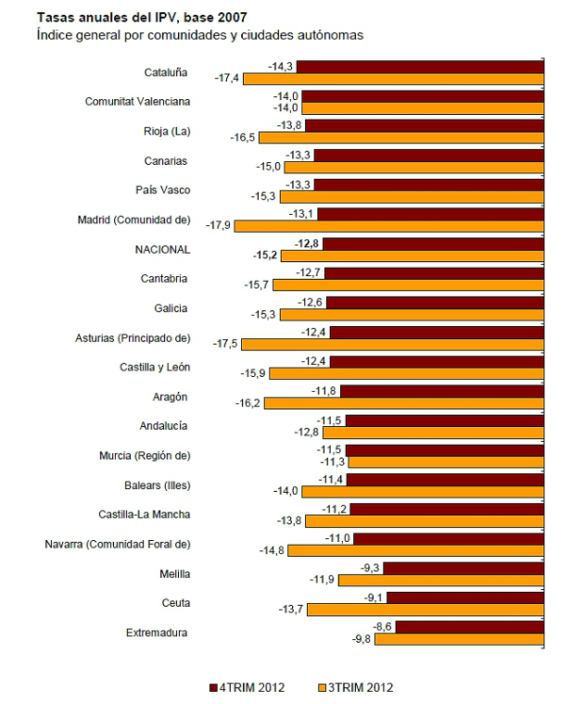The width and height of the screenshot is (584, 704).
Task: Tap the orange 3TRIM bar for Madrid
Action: [388, 225]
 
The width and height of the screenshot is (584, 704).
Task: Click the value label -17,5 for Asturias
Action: [226, 344]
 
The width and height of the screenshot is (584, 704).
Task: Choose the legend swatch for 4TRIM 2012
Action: [213, 687]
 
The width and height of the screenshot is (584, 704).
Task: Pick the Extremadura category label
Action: [157, 633]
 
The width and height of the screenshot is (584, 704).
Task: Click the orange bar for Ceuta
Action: [425, 610]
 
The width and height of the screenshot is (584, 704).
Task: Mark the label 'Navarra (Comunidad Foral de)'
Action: [118, 544]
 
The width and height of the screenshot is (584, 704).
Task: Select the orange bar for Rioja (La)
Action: [400, 137]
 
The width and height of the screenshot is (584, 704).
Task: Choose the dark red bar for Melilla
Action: [463, 568]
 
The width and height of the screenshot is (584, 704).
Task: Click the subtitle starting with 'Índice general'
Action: [199, 34]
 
